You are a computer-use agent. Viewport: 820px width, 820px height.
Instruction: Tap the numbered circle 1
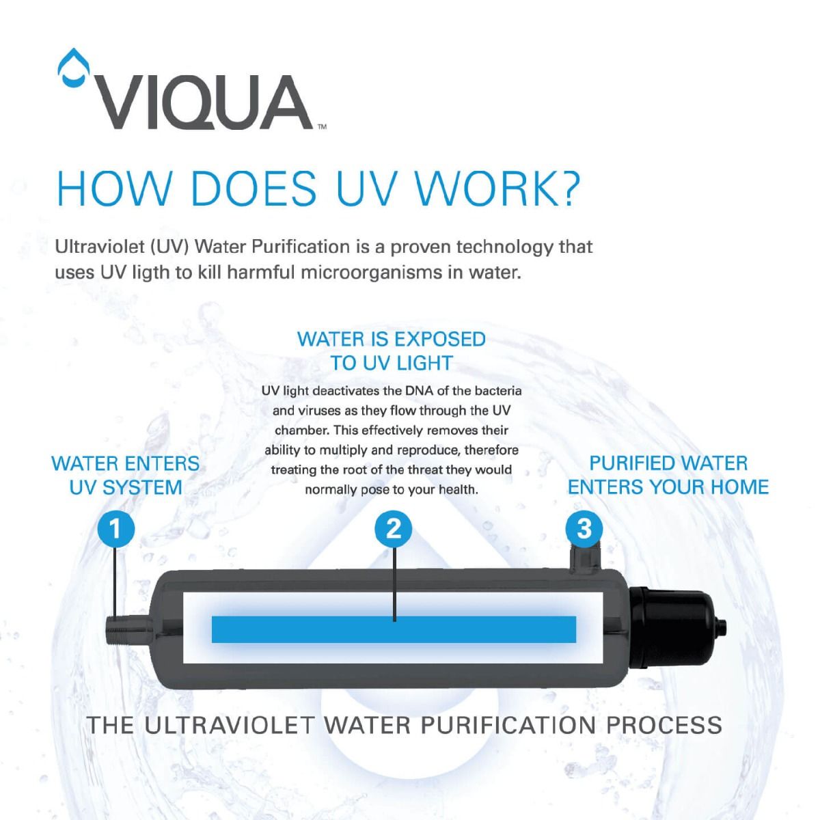point(115,529)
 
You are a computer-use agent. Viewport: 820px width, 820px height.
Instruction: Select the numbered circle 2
point(394,529)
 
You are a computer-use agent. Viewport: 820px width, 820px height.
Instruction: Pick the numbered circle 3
point(584,528)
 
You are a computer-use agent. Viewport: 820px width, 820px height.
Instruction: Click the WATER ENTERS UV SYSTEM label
point(126,476)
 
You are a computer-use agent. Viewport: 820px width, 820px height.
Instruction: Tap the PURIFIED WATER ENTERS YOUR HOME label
point(668,475)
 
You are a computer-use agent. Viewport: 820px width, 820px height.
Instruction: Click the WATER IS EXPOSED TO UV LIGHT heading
point(392,351)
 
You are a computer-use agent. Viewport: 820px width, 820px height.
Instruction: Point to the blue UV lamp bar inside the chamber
point(394,629)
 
